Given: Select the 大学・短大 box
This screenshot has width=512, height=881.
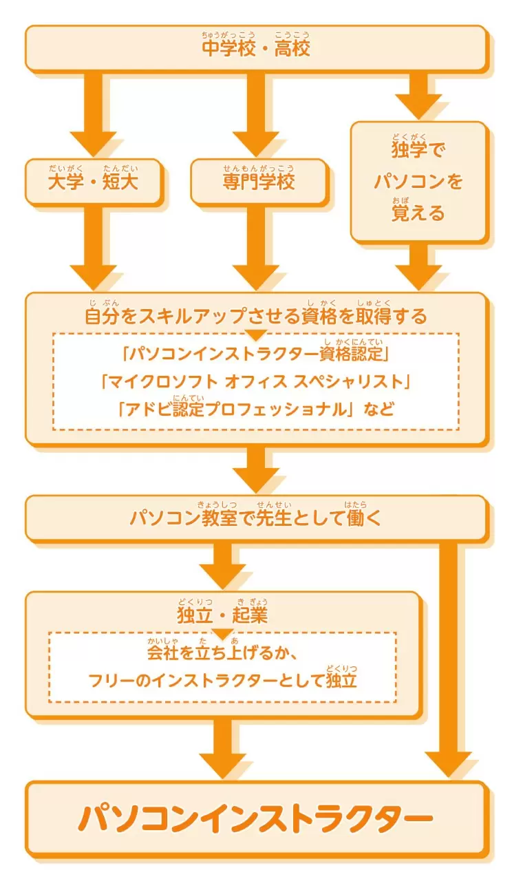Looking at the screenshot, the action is click(x=93, y=181).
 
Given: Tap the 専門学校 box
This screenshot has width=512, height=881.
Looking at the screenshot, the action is click(x=259, y=181).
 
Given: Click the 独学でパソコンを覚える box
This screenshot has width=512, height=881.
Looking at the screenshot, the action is click(x=419, y=181).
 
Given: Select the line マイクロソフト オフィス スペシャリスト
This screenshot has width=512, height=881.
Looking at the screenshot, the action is click(x=256, y=381).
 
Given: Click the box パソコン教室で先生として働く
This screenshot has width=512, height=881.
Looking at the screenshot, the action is click(x=256, y=518).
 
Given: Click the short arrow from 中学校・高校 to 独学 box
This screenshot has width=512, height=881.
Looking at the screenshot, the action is click(x=419, y=96).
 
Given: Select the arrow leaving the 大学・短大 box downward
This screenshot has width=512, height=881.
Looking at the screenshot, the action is click(x=93, y=248).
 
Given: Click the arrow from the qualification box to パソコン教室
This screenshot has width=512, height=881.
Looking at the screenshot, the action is click(x=256, y=469).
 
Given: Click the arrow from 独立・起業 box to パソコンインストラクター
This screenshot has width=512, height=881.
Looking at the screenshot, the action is click(x=222, y=748).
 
